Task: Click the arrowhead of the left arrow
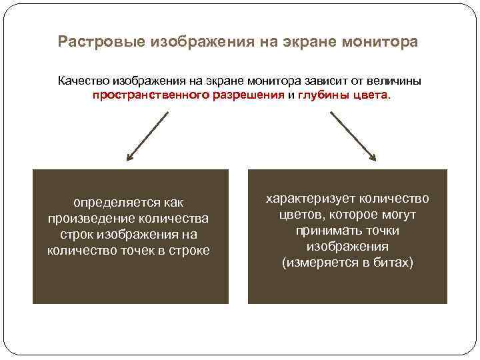(x=129, y=159)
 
